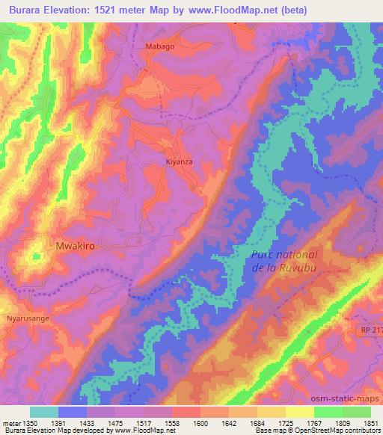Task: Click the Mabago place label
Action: tap(158, 46)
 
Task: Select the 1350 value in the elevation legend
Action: tap(31, 423)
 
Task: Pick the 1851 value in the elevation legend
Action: tap(370, 423)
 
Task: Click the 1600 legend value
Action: tap(200, 423)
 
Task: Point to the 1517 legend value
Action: tap(144, 423)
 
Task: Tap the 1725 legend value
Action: tap(286, 423)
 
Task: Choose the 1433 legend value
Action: tap(88, 423)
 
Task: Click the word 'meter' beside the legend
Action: tap(11, 423)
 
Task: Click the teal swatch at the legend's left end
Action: tap(44, 412)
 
